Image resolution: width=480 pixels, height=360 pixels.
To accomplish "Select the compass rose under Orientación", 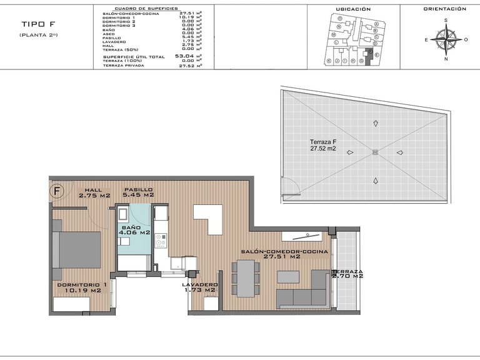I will click(445, 40).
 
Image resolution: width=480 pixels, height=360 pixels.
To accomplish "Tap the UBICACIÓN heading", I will click(353, 9).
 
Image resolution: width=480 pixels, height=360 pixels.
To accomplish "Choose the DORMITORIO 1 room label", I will click(79, 287).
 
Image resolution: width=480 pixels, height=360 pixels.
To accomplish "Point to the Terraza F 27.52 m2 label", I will click(323, 146).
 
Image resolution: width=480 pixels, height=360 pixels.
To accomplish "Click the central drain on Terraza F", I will click(375, 152).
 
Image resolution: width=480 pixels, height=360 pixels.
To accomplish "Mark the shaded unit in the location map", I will click(369, 56).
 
